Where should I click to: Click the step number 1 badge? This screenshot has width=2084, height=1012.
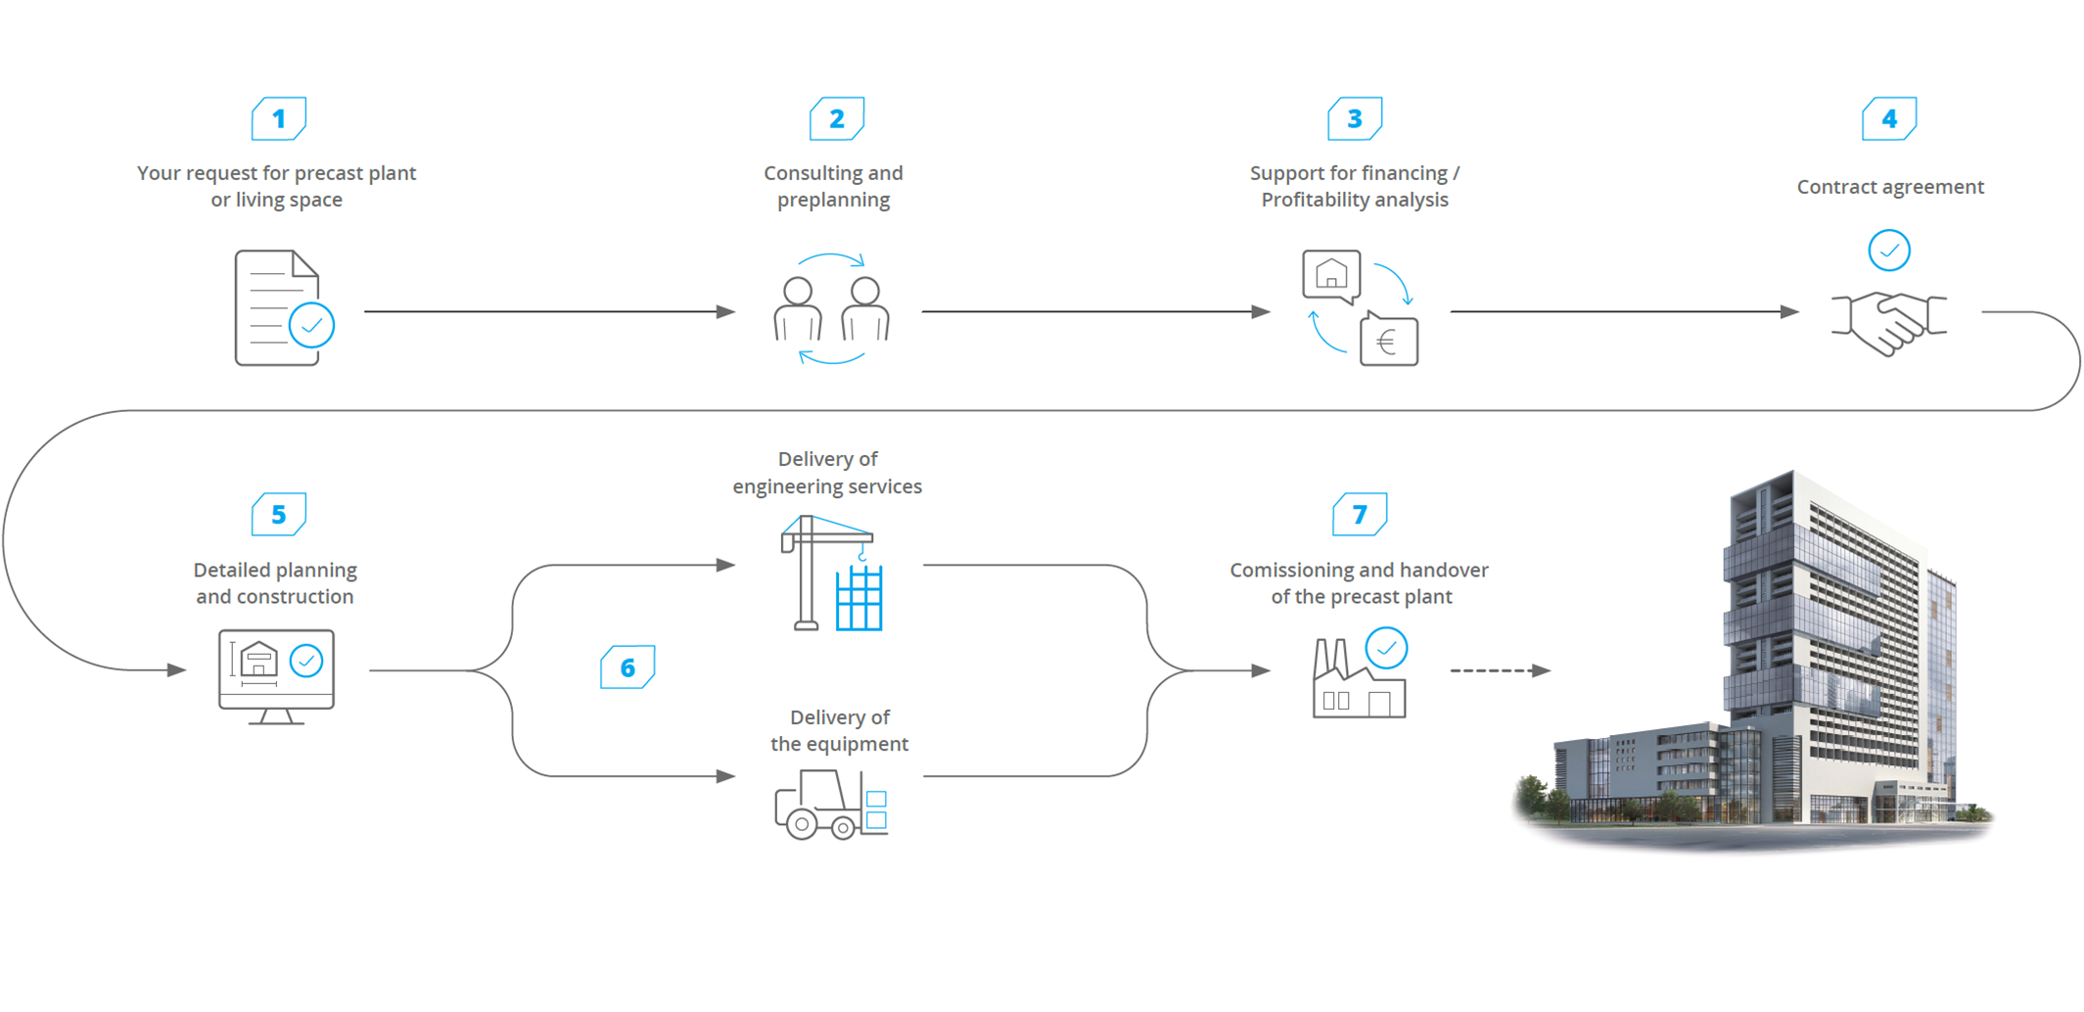pos(279,119)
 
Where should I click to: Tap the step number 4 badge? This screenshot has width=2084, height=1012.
pos(1889,119)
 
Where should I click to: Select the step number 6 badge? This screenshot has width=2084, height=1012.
pos(627,667)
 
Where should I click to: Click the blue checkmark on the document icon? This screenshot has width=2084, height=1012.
pos(311,326)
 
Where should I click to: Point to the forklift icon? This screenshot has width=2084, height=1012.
pos(830,805)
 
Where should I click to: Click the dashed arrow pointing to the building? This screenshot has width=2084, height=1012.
pos(1499,670)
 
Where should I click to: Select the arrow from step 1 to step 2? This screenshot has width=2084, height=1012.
pos(548,311)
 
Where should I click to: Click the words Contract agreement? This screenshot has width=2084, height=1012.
pos(1889,187)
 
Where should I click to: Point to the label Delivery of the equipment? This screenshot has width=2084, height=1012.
pos(839,730)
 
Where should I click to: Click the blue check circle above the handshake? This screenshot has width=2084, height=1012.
pos(1888,251)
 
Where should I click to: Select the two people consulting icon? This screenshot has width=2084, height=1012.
pos(831,309)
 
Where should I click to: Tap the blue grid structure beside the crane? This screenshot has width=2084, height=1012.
pos(859,599)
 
